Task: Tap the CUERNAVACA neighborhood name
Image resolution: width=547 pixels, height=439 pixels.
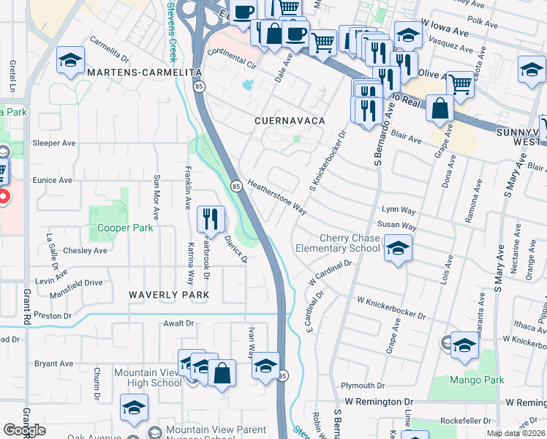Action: coord(289,119)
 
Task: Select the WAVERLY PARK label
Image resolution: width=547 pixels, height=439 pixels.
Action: coord(169,295)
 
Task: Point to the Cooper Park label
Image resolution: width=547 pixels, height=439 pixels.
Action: coord(125,228)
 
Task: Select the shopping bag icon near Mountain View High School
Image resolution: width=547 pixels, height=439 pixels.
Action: coord(222,373)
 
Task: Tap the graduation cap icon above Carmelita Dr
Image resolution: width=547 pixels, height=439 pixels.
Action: coord(70,61)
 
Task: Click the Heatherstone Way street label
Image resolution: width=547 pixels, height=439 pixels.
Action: coord(276,198)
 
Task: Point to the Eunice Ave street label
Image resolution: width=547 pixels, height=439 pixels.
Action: coord(52,180)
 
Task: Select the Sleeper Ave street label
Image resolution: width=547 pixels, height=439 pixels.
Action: coord(54,143)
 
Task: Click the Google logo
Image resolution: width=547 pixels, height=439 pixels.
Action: coord(24,429)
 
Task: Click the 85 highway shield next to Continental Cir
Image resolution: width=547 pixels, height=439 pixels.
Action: coord(200,86)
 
